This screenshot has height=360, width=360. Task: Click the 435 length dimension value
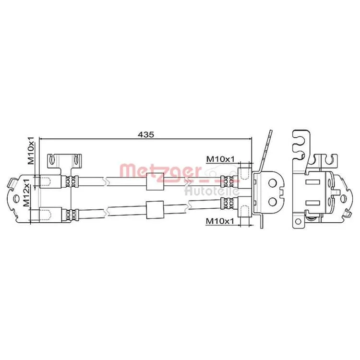coord(145,134)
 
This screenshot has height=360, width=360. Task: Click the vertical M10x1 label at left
coord(31,151)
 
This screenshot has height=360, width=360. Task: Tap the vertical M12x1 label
coord(26,192)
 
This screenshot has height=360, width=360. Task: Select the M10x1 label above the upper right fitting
coord(220,159)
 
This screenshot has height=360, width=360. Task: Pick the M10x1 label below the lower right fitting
coord(220,221)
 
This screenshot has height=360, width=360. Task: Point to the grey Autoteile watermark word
coord(212,191)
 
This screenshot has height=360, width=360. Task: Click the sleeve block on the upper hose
coord(155,181)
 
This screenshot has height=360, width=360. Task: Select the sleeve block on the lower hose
coord(155,210)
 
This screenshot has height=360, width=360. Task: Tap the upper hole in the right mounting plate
coord(273,183)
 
